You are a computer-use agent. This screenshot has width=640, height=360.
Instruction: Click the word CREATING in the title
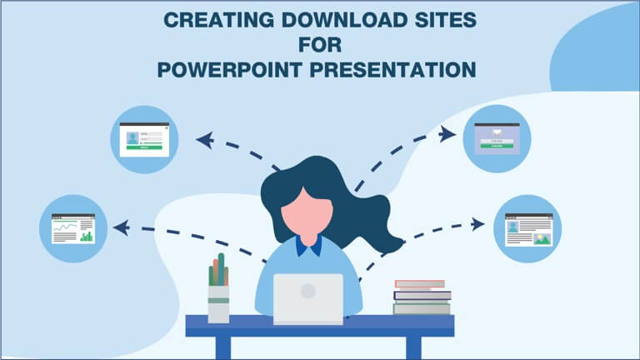tap(219, 20)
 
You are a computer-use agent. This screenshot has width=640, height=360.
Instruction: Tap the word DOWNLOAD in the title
tap(344, 20)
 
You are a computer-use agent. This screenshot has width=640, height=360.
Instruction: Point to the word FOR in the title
tap(320, 45)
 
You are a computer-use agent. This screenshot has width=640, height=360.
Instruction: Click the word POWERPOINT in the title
tap(230, 70)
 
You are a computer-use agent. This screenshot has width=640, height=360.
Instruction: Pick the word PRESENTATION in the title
tap(393, 70)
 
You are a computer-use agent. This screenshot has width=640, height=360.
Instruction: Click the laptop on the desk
tap(308, 299)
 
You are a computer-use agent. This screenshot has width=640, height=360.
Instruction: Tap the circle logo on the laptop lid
tap(308, 291)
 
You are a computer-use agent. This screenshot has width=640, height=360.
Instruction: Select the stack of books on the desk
tap(422, 297)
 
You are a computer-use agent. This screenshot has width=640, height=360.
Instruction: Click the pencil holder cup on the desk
tap(218, 304)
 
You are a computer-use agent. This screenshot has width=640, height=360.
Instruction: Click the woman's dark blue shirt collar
tap(308, 246)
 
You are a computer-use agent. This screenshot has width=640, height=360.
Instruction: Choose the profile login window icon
tap(144, 140)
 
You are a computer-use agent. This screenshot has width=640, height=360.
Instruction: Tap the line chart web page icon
tap(73, 228)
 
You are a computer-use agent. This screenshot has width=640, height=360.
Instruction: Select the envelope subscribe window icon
tap(497, 139)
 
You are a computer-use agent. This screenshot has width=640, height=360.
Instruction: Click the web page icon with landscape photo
tap(529, 230)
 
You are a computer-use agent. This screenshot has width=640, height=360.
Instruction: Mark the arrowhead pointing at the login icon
tap(205, 140)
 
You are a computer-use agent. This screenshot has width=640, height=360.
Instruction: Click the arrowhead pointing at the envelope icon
tap(447, 134)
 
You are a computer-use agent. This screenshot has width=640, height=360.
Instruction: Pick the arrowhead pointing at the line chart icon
tap(122, 227)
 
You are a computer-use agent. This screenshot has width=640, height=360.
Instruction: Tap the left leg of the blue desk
tap(223, 348)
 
